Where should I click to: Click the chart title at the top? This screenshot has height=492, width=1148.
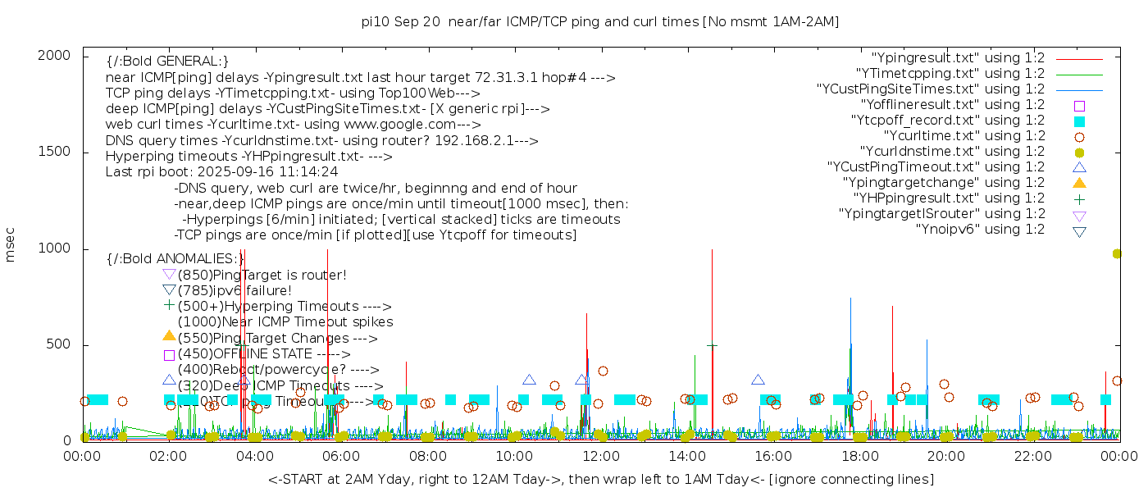coord(600,21)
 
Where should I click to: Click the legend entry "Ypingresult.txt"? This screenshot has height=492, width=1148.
coord(958,58)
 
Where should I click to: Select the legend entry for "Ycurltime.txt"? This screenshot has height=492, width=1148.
coord(963,136)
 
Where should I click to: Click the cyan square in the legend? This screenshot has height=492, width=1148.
coord(1079,121)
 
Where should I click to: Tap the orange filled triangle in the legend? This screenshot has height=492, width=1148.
coord(1079,183)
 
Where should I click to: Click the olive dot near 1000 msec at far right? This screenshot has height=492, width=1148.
coord(1117,254)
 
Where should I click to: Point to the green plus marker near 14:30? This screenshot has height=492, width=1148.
coord(712,346)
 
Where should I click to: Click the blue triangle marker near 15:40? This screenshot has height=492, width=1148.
coord(758,380)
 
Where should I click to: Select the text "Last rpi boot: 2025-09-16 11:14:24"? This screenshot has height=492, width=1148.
coord(221,172)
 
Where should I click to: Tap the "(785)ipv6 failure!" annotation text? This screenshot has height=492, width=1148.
coord(235,290)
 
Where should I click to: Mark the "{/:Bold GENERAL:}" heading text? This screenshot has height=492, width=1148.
coord(167,61)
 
